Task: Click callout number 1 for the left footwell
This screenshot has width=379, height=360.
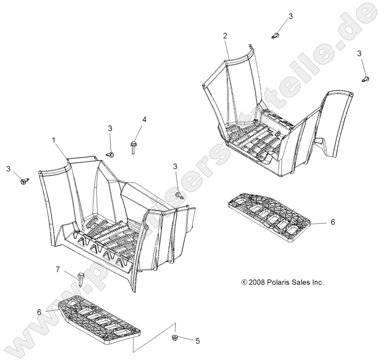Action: click(x=53, y=140)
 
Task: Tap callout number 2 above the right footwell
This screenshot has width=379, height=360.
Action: click(x=225, y=36)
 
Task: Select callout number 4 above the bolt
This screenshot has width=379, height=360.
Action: click(x=144, y=120)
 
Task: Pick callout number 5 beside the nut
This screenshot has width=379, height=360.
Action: click(x=197, y=341)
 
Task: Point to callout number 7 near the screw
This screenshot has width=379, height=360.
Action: click(x=58, y=269)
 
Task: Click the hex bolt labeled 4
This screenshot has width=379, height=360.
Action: click(x=133, y=147)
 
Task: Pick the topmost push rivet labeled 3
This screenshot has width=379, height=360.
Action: click(x=275, y=35)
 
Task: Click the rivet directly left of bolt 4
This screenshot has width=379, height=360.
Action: click(x=110, y=154)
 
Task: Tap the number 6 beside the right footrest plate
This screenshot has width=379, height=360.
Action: click(x=333, y=222)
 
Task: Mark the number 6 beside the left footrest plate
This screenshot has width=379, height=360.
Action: click(x=39, y=312)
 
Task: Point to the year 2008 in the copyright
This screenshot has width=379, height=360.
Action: click(x=257, y=282)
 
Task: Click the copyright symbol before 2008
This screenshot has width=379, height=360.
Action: click(x=244, y=282)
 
